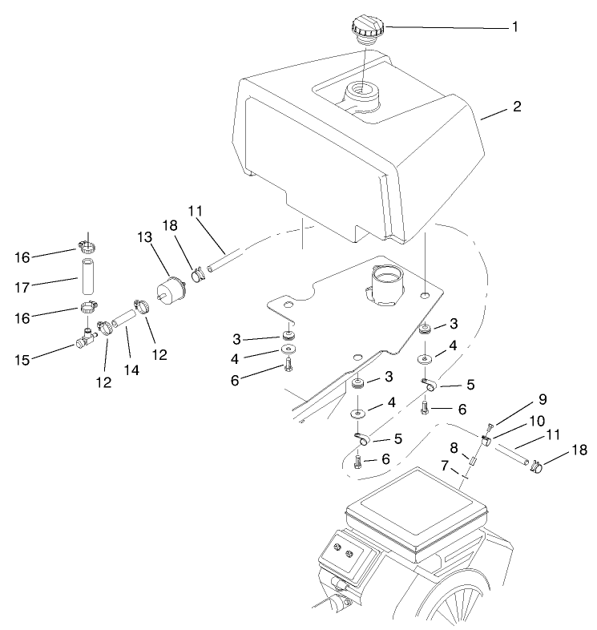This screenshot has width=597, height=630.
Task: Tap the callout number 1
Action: (515, 26)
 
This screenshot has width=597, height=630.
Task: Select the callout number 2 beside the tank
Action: (517, 107)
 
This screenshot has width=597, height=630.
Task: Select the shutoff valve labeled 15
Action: (86, 342)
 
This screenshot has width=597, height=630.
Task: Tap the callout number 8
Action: (454, 446)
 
